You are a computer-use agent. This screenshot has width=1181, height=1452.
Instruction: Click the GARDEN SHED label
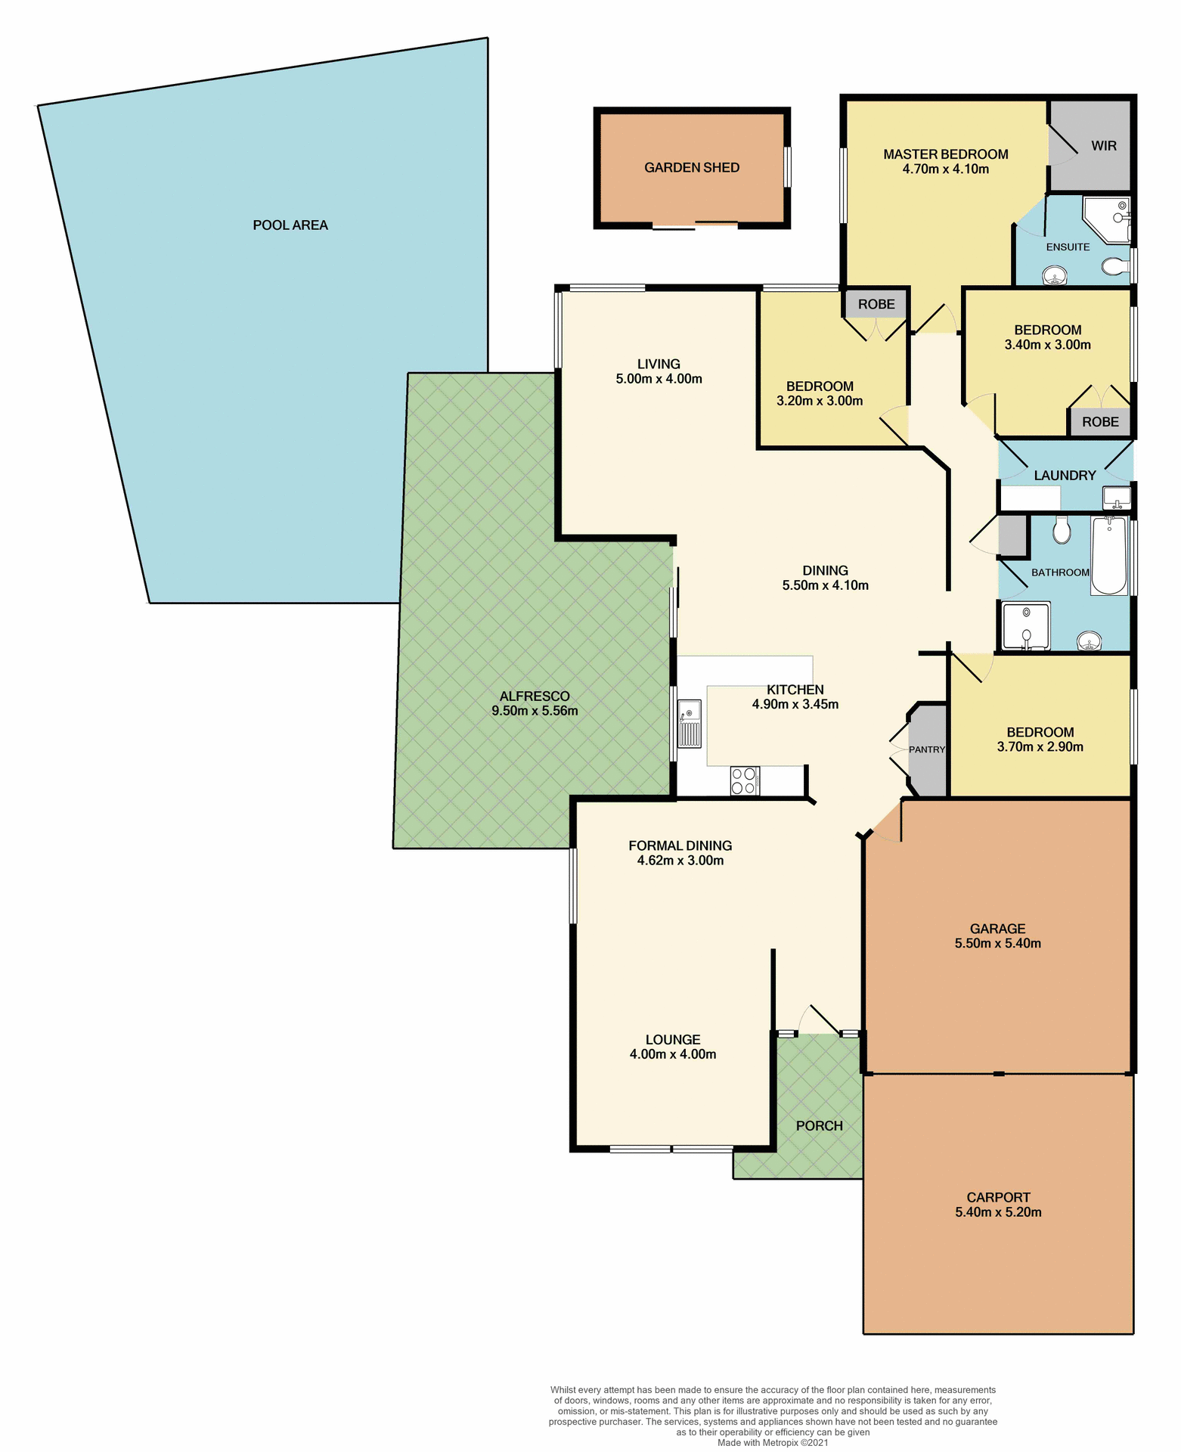[691, 168]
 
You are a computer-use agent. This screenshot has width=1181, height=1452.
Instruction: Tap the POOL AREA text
[290, 225]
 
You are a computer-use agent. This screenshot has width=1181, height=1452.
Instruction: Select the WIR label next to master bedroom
[1103, 146]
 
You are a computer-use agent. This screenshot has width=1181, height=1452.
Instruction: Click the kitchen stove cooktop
[745, 780]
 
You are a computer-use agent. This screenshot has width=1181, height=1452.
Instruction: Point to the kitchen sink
[689, 724]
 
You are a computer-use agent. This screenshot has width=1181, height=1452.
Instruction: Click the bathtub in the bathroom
[1109, 556]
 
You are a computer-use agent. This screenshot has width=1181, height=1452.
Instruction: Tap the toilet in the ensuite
[1113, 266]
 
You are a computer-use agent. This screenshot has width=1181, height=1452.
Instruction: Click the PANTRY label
[927, 749]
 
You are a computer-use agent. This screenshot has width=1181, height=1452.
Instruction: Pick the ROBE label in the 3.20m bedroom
[876, 304]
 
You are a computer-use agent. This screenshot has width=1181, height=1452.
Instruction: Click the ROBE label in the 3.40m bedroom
[1100, 422]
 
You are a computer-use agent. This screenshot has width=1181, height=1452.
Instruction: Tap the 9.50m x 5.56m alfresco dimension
[535, 711]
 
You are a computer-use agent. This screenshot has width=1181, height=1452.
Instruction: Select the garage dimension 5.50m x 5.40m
[997, 943]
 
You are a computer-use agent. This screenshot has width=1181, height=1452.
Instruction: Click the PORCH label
[819, 1125]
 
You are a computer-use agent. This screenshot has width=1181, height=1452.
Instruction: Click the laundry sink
[1116, 498]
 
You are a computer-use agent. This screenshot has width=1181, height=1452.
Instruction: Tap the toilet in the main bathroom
[1062, 529]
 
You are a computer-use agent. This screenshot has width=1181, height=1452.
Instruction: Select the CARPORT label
[998, 1197]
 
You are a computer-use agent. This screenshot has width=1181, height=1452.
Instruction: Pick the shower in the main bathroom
[1026, 625]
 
